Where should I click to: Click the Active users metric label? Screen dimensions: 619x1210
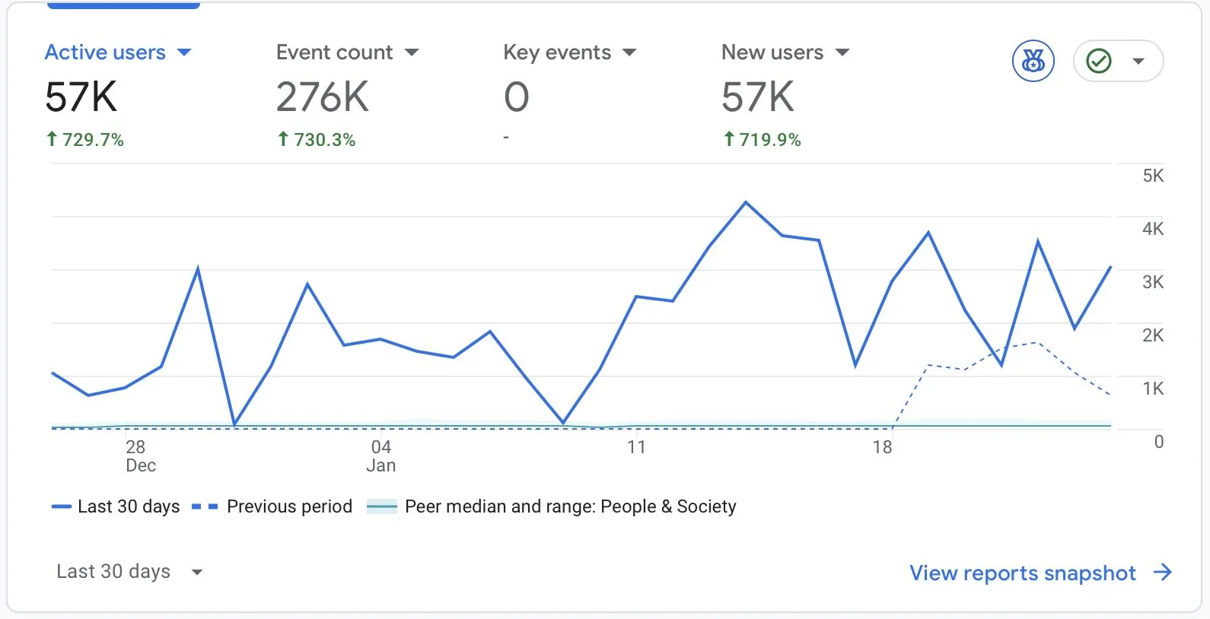tap(105, 52)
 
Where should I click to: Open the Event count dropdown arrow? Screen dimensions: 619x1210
tap(412, 52)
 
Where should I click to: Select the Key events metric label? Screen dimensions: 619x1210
tap(557, 52)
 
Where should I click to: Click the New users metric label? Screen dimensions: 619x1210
tap(772, 52)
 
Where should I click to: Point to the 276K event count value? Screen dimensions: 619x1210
tap(322, 97)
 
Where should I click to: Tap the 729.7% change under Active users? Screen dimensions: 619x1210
tap(85, 139)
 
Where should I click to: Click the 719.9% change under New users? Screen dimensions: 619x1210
tap(763, 139)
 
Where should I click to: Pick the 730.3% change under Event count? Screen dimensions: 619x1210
tap(317, 139)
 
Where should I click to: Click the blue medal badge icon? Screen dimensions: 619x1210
tap(1033, 61)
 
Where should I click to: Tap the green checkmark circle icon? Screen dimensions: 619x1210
tap(1098, 61)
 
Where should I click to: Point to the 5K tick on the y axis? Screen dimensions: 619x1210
tap(1152, 176)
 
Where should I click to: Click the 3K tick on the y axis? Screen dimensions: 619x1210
tap(1152, 282)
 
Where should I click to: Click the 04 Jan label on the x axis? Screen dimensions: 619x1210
tap(381, 456)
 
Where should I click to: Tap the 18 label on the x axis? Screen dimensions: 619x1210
tap(882, 447)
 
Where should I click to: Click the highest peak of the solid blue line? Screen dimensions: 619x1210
tap(746, 202)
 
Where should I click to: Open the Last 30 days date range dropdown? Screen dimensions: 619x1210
tap(129, 572)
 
